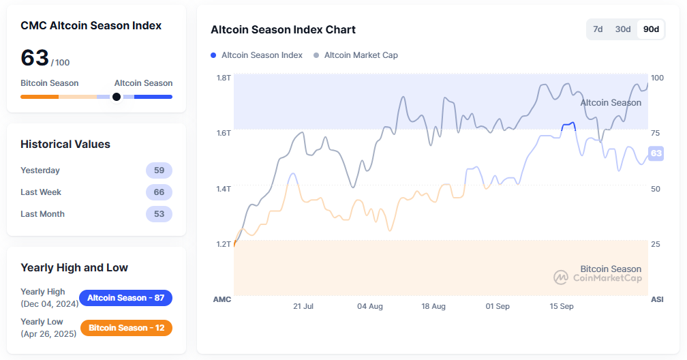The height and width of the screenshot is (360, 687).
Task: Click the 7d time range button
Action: (598, 29)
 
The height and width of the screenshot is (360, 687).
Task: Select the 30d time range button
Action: (623, 29)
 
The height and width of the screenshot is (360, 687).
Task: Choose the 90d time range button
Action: (651, 29)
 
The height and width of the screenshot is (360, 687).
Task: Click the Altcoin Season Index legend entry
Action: (257, 55)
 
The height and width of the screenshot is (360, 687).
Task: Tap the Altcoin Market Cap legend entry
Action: (356, 55)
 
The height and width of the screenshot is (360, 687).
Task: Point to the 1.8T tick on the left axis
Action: (224, 78)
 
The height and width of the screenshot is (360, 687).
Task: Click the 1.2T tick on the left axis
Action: (224, 244)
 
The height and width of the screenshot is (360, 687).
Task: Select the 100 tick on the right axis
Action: (657, 78)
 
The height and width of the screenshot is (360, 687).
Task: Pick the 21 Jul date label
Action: (303, 307)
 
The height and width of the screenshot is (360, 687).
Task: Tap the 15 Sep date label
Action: (562, 307)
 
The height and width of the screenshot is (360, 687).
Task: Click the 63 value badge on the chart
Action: (656, 153)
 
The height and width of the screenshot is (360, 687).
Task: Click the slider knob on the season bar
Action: (117, 97)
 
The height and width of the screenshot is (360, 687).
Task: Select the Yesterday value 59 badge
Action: (159, 170)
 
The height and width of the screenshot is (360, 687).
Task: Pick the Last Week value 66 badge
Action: (159, 192)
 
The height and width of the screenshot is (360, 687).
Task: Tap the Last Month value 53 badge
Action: (159, 214)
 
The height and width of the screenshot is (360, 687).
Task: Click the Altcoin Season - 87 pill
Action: (126, 298)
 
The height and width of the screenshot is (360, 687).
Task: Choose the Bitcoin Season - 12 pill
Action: (126, 328)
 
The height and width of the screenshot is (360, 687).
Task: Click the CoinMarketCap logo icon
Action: (561, 277)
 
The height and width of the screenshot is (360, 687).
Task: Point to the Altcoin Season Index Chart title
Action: (283, 30)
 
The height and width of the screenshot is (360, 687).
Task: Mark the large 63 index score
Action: (35, 59)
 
